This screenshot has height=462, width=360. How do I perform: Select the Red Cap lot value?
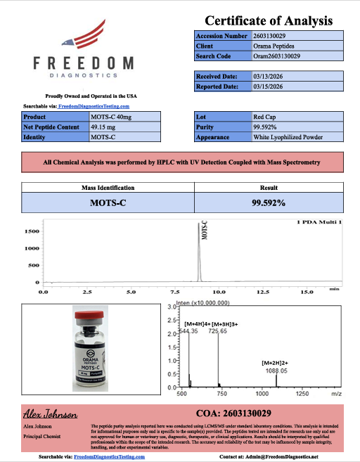click(x=266, y=116)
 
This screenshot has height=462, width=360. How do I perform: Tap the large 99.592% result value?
click(x=268, y=203)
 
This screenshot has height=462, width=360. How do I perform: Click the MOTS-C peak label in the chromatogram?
click(x=205, y=233)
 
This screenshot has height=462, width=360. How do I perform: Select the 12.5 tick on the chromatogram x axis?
click(x=262, y=290)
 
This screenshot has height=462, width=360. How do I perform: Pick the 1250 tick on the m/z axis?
click(x=303, y=394)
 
